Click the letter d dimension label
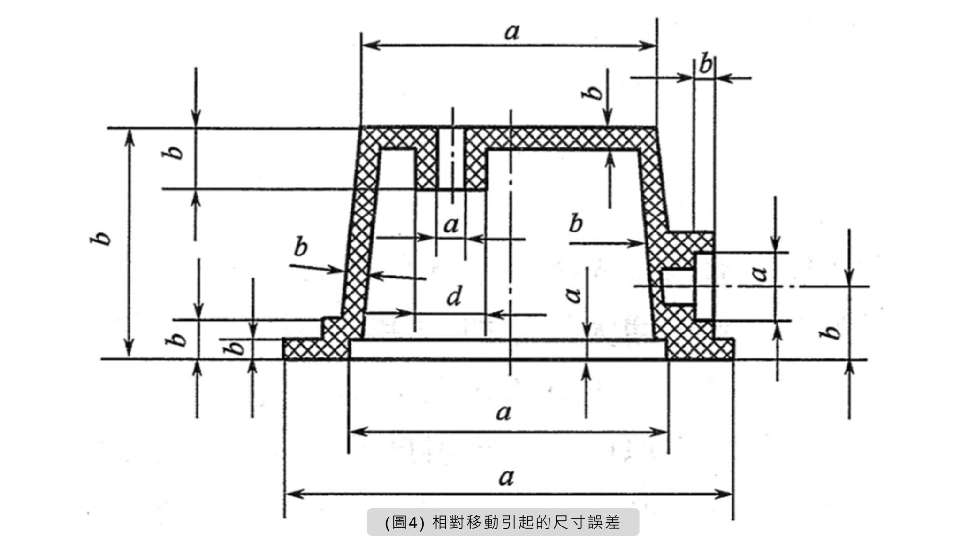coord(454,297)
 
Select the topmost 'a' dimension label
coord(512,31)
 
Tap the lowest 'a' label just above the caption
coord(506,478)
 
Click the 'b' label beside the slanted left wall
coord(300,247)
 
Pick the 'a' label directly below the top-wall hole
coord(451,225)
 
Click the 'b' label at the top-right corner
coord(705,65)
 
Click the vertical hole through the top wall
coord(451,158)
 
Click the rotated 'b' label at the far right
coord(832,332)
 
